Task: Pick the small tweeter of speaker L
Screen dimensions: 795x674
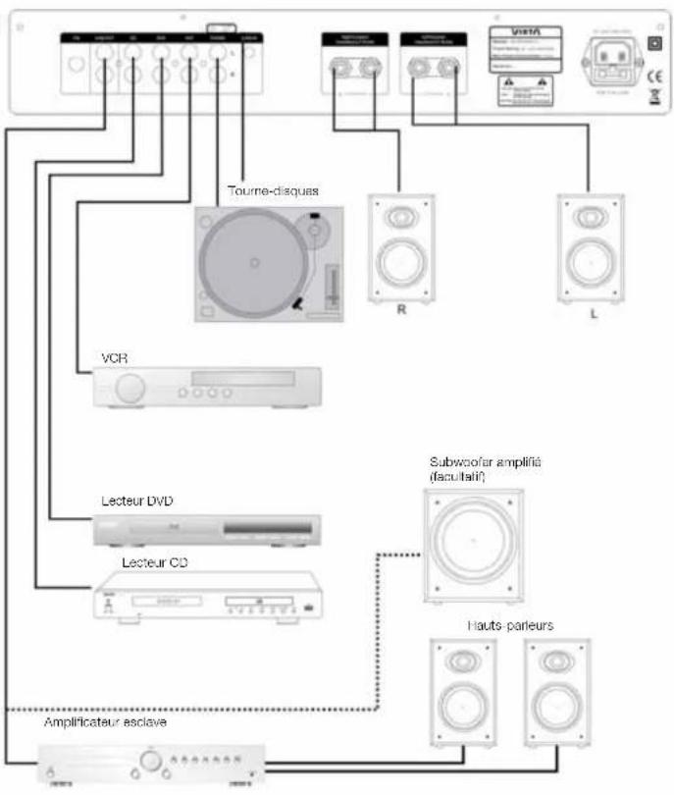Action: click(x=589, y=215)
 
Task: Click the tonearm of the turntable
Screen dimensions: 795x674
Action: click(x=320, y=260)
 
